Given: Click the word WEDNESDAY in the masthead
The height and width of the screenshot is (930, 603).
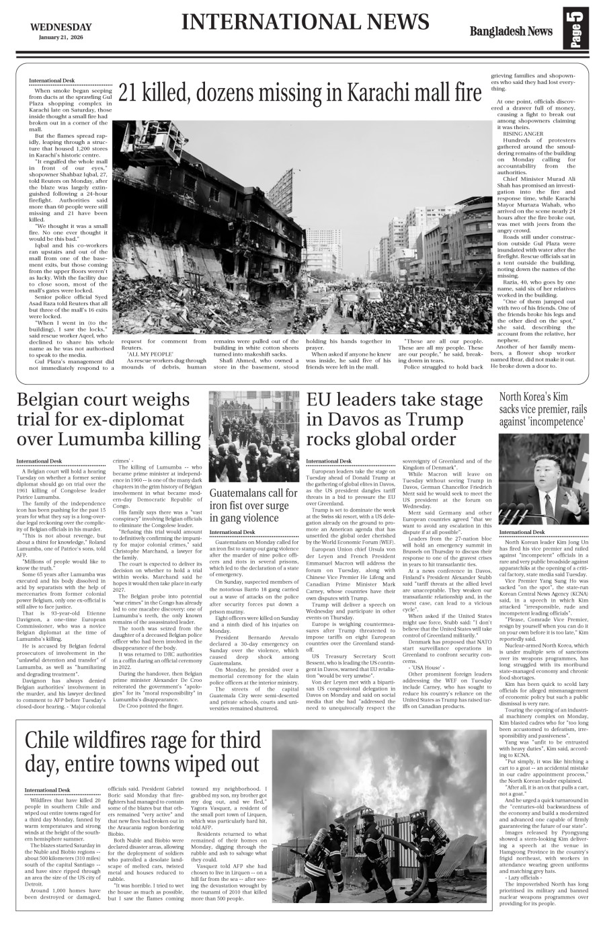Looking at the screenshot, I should (x=61, y=27).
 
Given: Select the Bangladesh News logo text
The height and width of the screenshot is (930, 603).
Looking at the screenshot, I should (x=511, y=32).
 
